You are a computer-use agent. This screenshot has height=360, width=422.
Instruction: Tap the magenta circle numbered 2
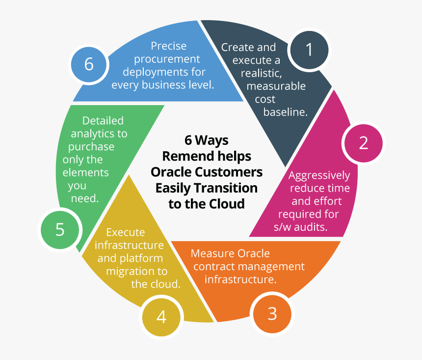pos(363,142)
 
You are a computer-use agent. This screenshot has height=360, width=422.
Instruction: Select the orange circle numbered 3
pos(272,313)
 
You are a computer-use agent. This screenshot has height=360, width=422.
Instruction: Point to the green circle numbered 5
pos(60,229)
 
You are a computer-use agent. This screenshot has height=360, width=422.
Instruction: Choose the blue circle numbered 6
pos(89,64)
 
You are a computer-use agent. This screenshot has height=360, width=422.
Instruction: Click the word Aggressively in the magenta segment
pos(319,175)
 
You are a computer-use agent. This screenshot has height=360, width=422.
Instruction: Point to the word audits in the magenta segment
pos(310,227)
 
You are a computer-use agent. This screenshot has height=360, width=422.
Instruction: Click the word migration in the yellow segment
pos(134,271)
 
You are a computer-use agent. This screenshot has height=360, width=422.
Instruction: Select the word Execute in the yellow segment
pos(126,232)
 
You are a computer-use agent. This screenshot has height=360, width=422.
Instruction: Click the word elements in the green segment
pos(86,172)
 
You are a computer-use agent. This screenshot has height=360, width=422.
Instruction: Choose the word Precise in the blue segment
pos(168,46)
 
